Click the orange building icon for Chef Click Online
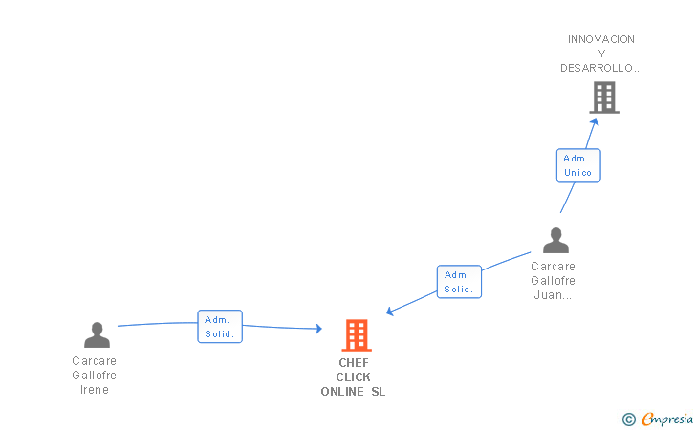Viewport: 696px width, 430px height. (357, 335)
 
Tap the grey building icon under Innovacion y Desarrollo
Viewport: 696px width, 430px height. (603, 97)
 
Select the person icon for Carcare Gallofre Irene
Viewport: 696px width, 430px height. (97, 335)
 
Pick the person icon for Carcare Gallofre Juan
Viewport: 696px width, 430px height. (555, 241)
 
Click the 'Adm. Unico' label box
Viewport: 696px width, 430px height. (578, 165)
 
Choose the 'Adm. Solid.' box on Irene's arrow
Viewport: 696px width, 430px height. (220, 327)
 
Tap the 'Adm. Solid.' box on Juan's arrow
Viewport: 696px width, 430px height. (459, 282)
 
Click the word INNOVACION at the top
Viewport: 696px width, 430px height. (601, 39)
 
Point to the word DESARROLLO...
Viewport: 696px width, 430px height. (601, 68)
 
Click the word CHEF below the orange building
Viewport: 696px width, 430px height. (354, 363)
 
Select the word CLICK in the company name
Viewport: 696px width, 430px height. (354, 377)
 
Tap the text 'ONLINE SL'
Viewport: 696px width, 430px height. (354, 392)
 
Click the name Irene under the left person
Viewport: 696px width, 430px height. (95, 390)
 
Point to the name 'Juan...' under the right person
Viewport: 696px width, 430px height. (554, 295)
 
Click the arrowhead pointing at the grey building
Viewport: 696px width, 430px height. (595, 121)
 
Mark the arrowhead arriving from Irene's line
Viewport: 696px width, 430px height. (318, 329)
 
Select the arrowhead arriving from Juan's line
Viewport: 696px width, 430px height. (390, 312)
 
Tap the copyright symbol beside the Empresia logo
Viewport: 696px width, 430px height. (628, 419)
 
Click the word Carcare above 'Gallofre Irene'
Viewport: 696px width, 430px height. (95, 361)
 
